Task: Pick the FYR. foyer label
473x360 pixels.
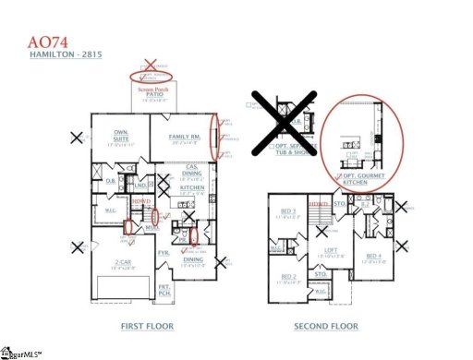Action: click(164, 251)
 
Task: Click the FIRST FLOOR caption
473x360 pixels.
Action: click(147, 326)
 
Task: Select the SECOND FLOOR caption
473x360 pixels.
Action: click(324, 326)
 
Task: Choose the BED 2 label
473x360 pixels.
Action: click(287, 276)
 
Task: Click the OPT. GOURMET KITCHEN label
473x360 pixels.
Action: click(355, 178)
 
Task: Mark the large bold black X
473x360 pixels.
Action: click(285, 122)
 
